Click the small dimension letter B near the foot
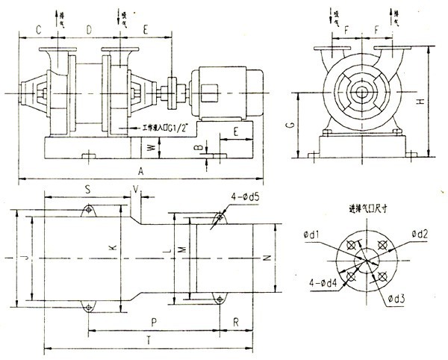[x=198, y=148]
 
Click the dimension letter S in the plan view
[x=87, y=190]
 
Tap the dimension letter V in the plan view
[x=136, y=190]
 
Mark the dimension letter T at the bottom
[x=149, y=339]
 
